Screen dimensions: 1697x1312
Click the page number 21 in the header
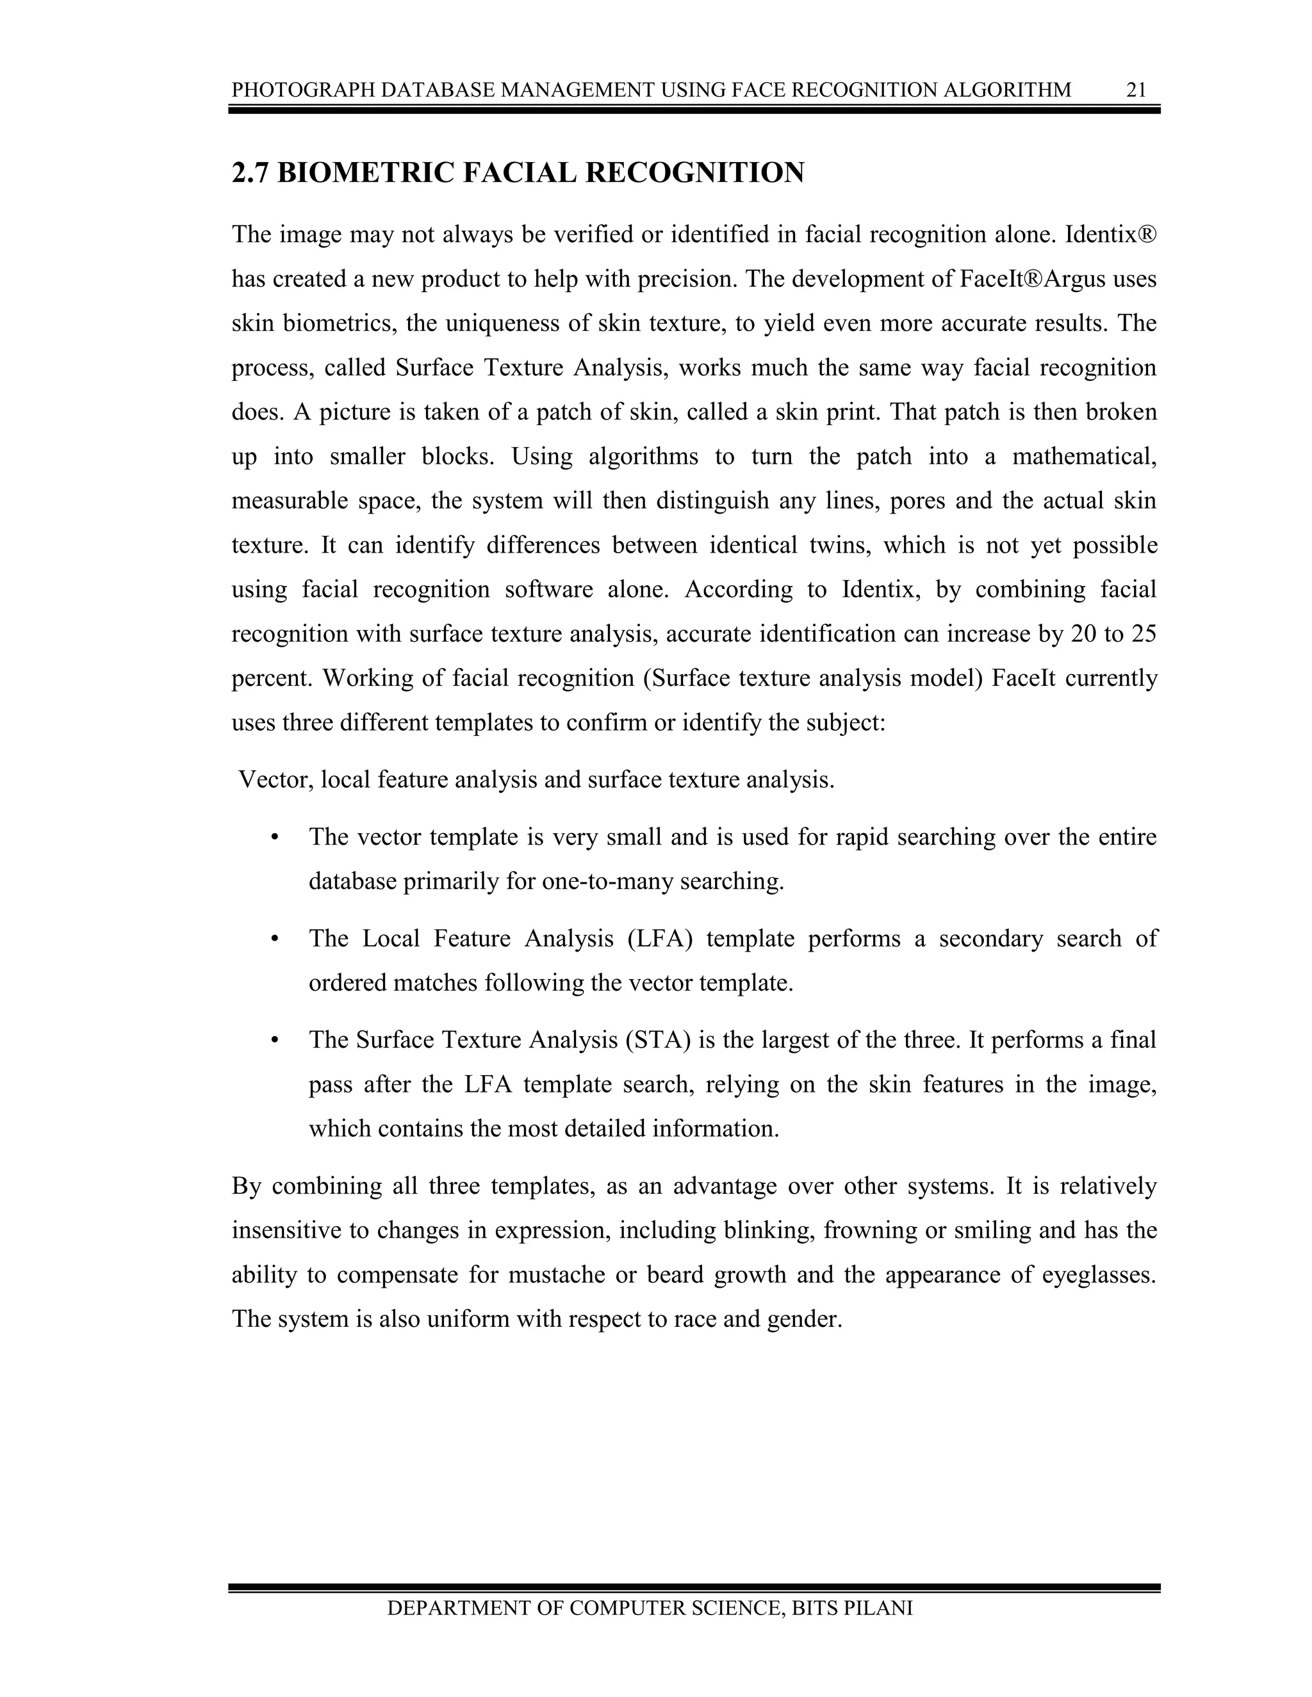coord(1136,90)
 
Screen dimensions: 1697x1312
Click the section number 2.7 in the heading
coord(250,172)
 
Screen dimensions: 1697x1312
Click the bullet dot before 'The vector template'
coord(274,838)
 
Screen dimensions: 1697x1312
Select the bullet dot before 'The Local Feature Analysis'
coord(274,939)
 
